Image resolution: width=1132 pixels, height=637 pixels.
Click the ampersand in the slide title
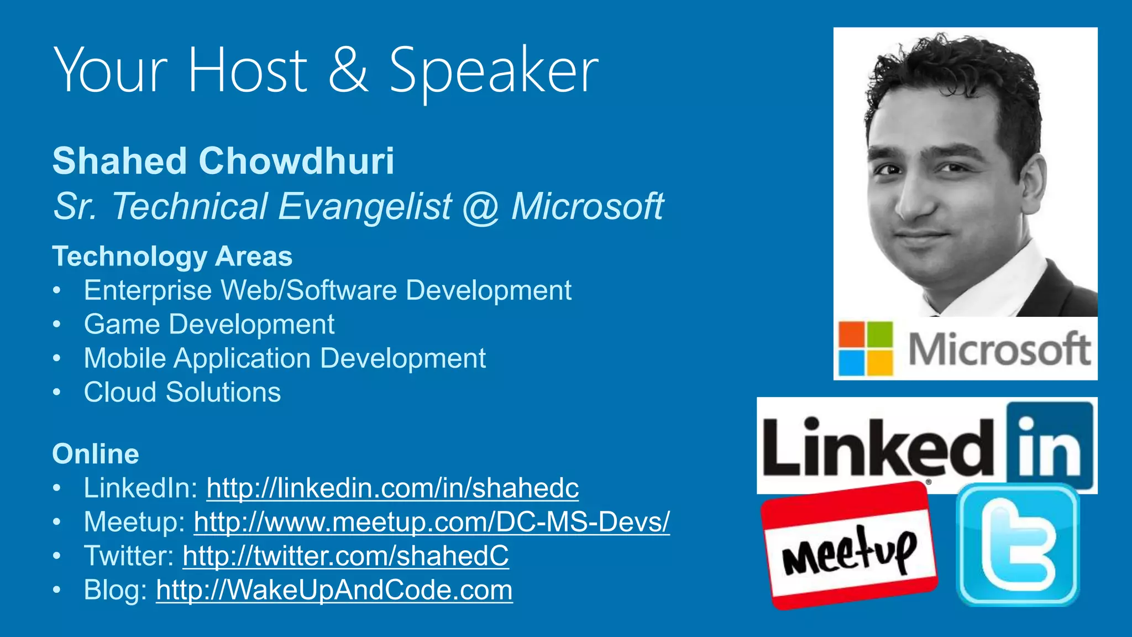(348, 70)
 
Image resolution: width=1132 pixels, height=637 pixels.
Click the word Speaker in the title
(494, 70)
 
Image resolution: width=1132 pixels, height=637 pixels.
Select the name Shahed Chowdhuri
(223, 161)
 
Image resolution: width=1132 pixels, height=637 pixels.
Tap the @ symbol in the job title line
(480, 207)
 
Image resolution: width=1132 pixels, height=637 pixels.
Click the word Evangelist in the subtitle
(365, 207)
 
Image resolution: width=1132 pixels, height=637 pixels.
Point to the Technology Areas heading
(172, 256)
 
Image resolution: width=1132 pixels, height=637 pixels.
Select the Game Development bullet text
(209, 324)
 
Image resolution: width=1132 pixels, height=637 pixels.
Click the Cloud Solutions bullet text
(182, 392)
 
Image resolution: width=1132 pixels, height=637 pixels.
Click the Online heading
(96, 454)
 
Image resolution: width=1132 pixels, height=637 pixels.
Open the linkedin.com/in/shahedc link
(392, 488)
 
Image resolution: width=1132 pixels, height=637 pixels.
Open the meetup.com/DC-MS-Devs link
(432, 521)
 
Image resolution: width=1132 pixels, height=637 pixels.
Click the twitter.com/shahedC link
(345, 556)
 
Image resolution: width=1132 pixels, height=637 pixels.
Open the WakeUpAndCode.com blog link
(334, 590)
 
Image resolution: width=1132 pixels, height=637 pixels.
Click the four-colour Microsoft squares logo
(866, 349)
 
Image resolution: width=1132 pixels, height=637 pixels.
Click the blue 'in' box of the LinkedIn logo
(1050, 446)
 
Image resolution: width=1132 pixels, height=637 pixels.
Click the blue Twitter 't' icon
(1018, 545)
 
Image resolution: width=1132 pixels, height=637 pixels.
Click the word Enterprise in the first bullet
(148, 290)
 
